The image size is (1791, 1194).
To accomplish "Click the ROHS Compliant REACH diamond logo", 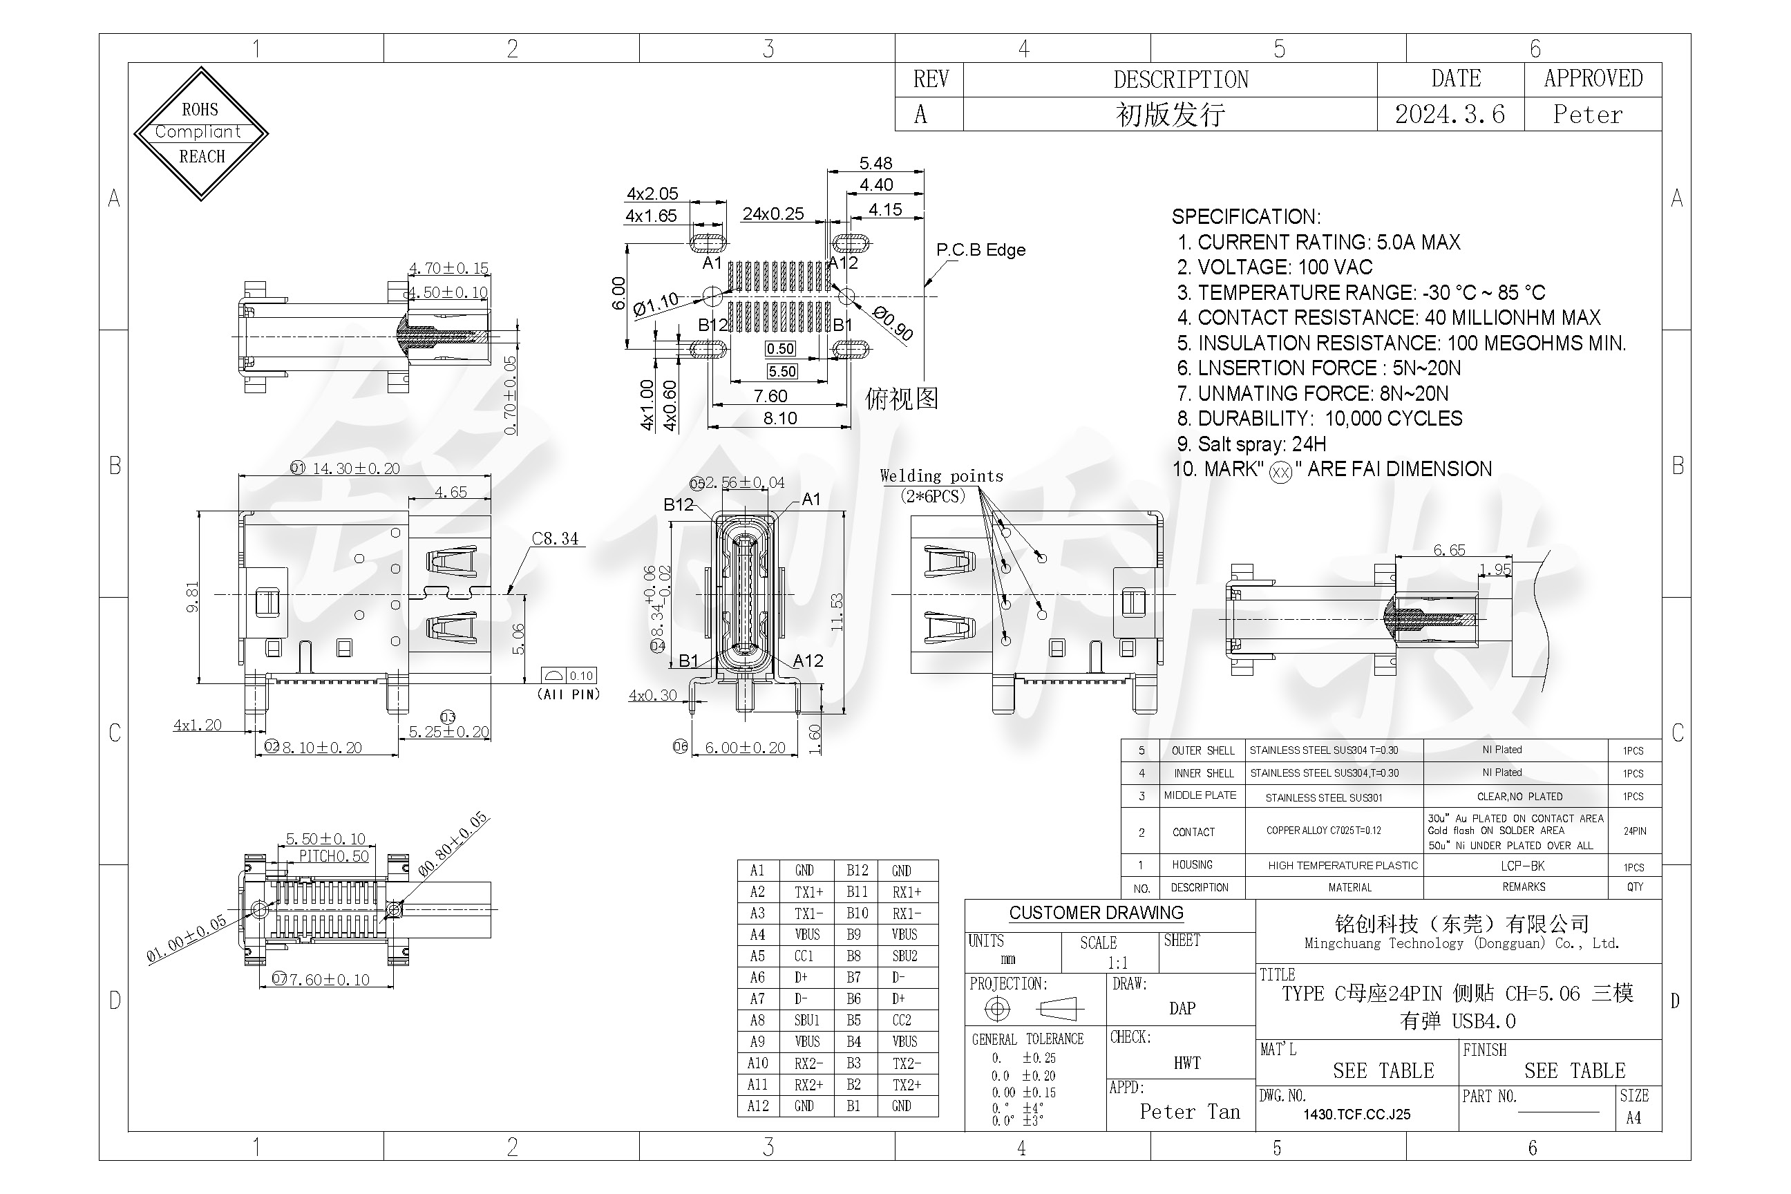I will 201,133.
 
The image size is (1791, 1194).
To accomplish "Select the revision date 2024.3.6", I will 1449,114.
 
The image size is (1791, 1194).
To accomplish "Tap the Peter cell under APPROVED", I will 1588,114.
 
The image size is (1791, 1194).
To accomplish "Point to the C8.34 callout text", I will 554,538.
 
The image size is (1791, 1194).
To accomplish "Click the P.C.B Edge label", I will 980,249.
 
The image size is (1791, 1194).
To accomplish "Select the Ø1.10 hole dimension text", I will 655,304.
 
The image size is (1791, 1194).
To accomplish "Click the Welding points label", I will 941,476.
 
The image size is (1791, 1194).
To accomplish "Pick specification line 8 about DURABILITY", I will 1319,418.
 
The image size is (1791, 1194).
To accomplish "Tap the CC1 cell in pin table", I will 804,956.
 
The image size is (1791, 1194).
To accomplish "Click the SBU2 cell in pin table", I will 904,956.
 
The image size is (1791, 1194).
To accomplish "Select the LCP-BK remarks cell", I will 1522,866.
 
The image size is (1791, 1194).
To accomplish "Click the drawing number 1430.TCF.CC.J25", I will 1356,1114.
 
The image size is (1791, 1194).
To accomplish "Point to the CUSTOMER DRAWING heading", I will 1096,912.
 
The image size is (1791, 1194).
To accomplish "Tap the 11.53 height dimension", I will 837,612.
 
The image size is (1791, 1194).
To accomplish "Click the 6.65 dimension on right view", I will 1448,550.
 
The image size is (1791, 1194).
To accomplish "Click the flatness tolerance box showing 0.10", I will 581,676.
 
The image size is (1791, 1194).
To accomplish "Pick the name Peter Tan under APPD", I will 1189,1112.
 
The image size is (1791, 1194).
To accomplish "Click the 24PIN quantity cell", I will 1634,831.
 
